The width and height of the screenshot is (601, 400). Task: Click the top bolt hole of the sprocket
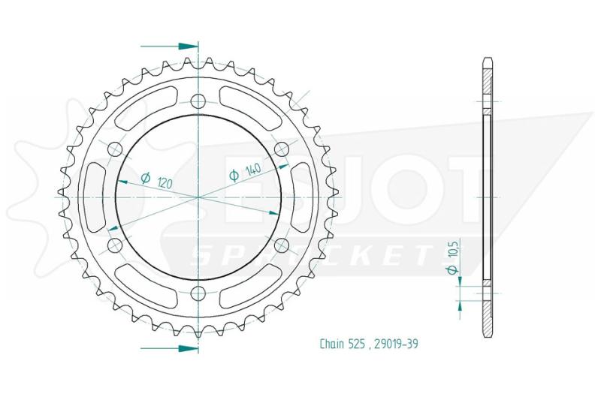[x=198, y=101]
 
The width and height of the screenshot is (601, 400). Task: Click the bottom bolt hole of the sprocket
[x=198, y=294]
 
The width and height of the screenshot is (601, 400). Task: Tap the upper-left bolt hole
[x=115, y=149]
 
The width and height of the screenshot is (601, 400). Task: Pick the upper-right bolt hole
[x=282, y=149]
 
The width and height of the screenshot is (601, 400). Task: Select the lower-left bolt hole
[x=115, y=245]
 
